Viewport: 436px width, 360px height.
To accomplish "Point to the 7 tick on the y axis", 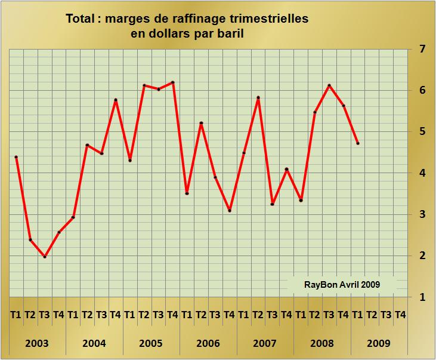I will coord(422,49).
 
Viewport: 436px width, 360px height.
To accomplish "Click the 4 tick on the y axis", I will coord(422,173).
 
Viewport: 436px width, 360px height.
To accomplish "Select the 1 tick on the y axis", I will coord(422,297).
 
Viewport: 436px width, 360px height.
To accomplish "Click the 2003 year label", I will coord(37,343).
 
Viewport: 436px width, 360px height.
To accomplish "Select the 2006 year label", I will coord(208,343).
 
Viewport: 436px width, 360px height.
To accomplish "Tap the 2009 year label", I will coord(379,343).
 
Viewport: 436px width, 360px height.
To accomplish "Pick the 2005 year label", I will coord(151,343).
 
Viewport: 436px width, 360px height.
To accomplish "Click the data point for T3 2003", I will coord(45,257).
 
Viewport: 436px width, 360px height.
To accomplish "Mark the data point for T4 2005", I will coord(172,82).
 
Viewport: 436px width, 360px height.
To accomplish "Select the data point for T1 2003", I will coord(16,157).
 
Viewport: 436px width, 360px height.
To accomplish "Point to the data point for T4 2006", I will coord(230,211).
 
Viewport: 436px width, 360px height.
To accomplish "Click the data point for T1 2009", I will coord(358,143).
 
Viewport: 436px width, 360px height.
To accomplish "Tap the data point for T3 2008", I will coord(329,85).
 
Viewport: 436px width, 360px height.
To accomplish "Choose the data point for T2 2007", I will coord(258,97).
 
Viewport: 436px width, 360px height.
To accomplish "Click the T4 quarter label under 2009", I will coord(400,315).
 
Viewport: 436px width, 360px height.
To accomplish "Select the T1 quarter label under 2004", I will coord(73,315).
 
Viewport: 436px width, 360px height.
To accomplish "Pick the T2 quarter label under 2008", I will coord(315,315).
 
